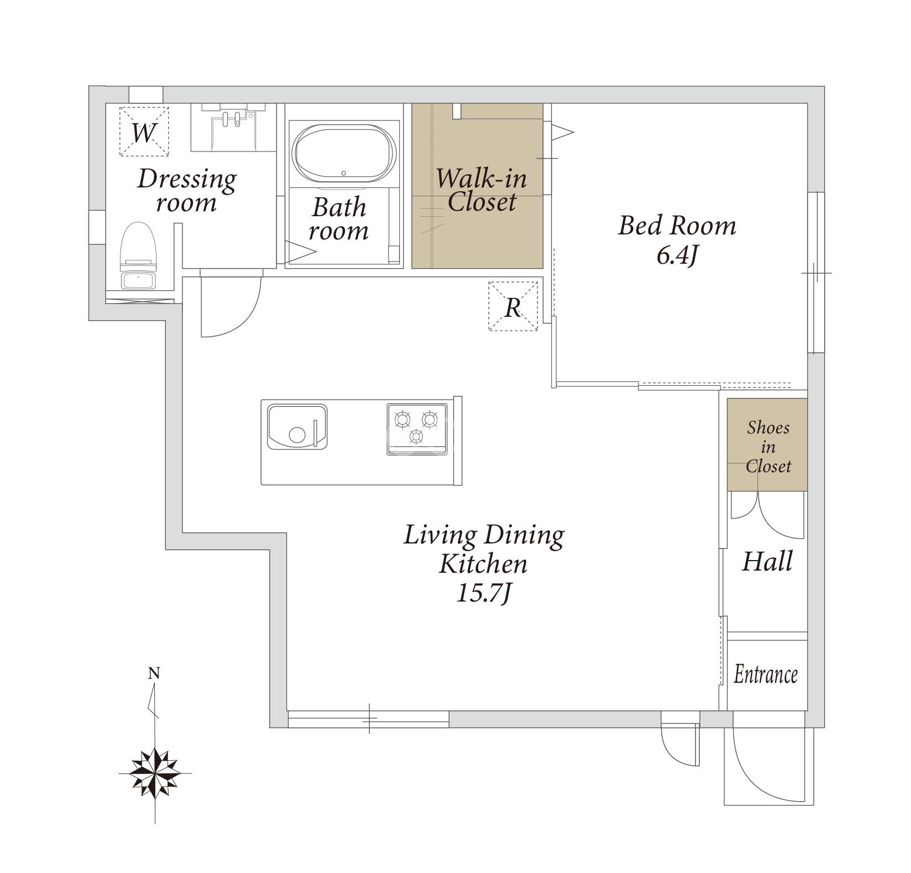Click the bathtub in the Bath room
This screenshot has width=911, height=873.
[x=344, y=153]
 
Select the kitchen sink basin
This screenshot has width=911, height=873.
[x=297, y=427]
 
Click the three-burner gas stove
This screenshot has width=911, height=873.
[x=417, y=429]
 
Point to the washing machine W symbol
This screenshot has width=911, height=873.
[x=144, y=132]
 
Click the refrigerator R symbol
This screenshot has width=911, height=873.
[x=513, y=306]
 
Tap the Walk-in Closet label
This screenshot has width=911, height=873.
[x=481, y=190]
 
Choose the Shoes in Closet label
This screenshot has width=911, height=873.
[x=768, y=447]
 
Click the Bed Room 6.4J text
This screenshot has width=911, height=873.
[x=677, y=239]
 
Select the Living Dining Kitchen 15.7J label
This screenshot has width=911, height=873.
[x=484, y=563]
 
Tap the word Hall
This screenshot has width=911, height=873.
[x=767, y=561]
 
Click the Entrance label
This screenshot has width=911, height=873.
[x=766, y=675]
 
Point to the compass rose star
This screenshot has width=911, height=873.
[x=155, y=773]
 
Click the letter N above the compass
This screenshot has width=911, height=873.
[x=154, y=673]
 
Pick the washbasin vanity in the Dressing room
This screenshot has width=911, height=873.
[x=233, y=127]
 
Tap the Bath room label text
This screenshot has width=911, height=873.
[x=339, y=219]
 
